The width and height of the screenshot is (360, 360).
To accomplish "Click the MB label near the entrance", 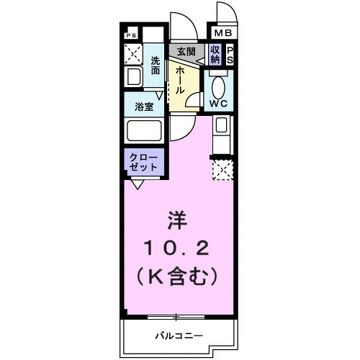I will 222,33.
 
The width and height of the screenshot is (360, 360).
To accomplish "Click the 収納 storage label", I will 215,55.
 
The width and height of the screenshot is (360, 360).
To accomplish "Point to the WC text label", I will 218,103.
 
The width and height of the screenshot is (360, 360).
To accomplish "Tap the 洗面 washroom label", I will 156,66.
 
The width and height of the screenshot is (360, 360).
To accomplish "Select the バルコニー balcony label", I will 178,336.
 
